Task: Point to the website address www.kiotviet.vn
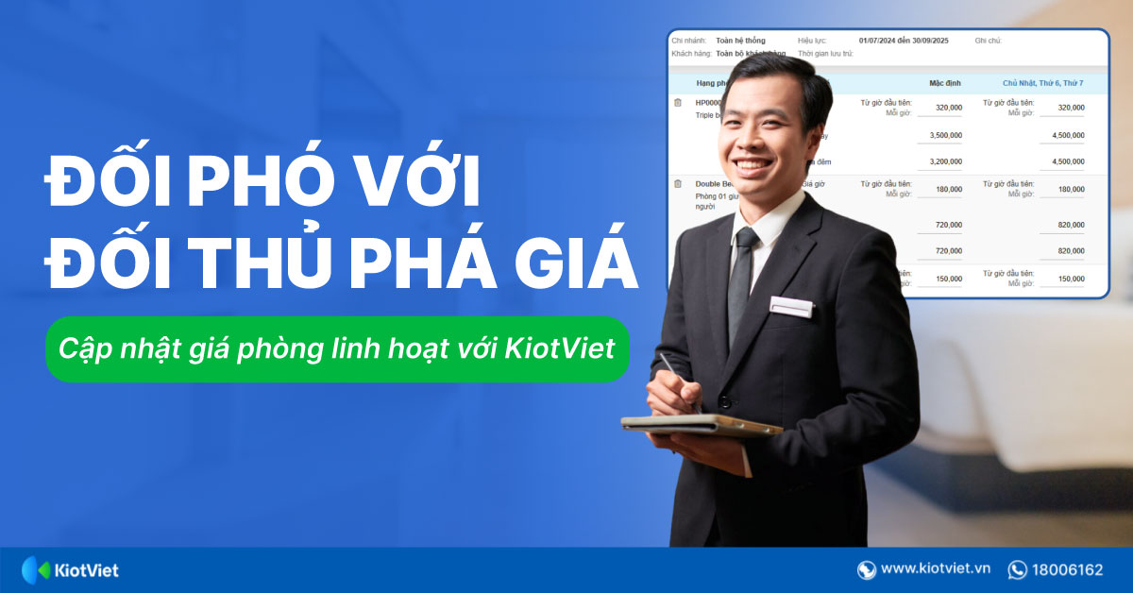pos(935,569)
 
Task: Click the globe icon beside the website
pos(866,569)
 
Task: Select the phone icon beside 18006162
pos(1017,569)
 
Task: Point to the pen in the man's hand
pos(674,378)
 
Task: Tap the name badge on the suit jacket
pos(791,305)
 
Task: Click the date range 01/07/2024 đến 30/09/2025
pos(904,41)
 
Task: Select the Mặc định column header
pos(944,83)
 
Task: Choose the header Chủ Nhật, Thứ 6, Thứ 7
pos(1042,83)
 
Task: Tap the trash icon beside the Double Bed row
pos(677,184)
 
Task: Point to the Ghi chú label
pos(988,41)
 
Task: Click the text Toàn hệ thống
pos(740,41)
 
